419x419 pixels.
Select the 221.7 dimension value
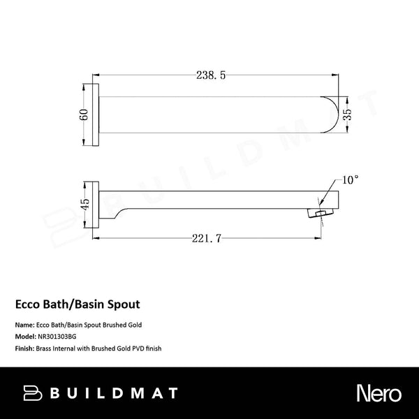pyautogui.click(x=207, y=239)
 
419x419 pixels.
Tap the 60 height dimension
pyautogui.click(x=84, y=115)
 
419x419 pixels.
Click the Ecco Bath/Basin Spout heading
pyautogui.click(x=78, y=304)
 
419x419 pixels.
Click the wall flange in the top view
pyautogui.click(x=98, y=115)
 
